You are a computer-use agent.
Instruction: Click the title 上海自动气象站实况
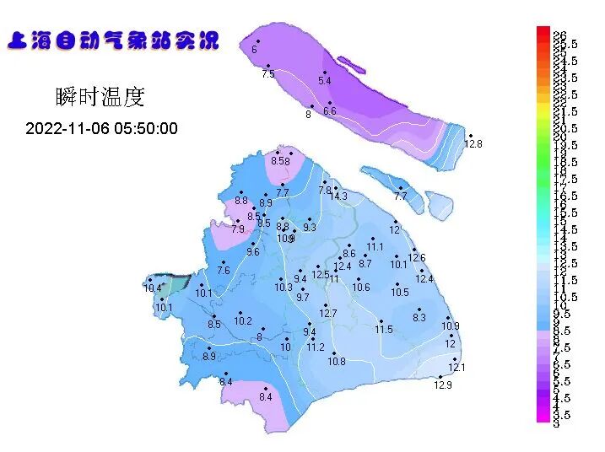click(x=113, y=40)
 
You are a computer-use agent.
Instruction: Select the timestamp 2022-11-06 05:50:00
click(x=101, y=129)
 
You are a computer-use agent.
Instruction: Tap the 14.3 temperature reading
click(x=338, y=196)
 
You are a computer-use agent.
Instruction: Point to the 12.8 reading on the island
click(x=473, y=144)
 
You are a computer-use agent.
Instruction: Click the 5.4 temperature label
click(x=325, y=81)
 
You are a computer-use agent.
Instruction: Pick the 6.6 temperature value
click(x=329, y=111)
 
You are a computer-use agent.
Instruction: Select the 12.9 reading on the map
click(x=443, y=385)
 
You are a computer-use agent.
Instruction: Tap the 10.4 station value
click(x=152, y=288)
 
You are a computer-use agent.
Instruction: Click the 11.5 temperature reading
click(x=384, y=329)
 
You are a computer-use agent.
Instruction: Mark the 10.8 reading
click(x=337, y=362)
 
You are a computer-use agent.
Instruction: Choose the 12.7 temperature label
click(x=328, y=314)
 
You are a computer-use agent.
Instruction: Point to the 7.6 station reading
click(x=223, y=271)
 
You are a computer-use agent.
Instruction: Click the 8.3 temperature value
click(x=419, y=318)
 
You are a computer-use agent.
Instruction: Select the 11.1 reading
click(x=375, y=247)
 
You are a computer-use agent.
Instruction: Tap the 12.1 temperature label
click(x=456, y=368)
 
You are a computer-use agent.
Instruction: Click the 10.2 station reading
click(x=243, y=321)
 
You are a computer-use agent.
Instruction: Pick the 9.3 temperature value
click(x=310, y=228)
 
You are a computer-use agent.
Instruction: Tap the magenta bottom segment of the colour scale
click(x=543, y=413)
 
